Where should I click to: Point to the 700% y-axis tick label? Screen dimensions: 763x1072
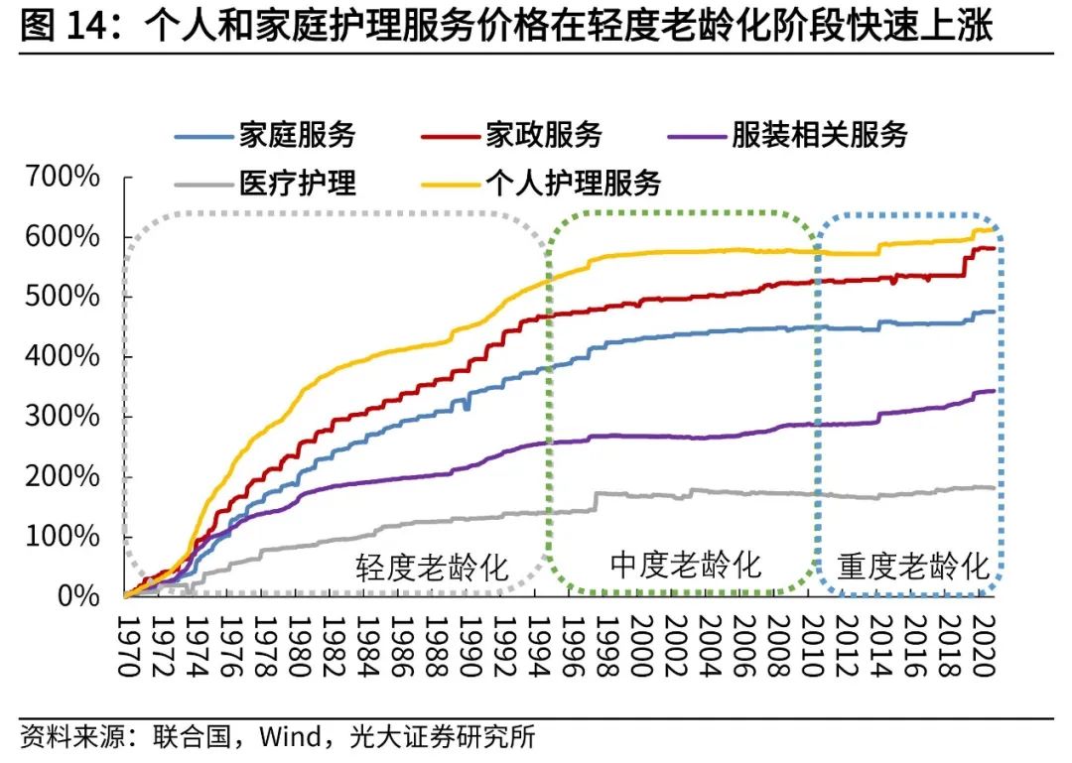(63, 178)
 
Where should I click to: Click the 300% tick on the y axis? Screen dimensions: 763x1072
(63, 417)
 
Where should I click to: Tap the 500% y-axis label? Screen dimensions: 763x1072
(63, 297)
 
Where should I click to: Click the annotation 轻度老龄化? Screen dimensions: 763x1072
(432, 569)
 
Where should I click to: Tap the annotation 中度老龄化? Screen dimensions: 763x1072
(685, 565)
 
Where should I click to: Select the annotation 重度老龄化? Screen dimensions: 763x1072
(914, 567)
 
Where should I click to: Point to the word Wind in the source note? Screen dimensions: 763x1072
(288, 737)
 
